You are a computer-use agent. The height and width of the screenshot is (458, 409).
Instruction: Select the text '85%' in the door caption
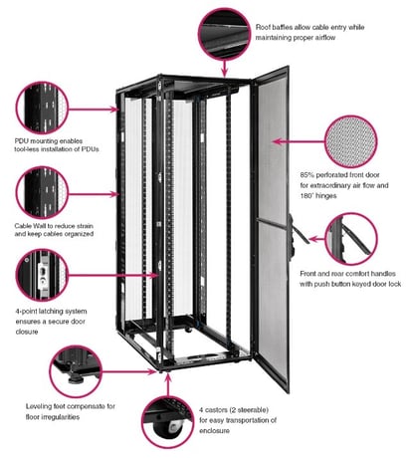point(309,174)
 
